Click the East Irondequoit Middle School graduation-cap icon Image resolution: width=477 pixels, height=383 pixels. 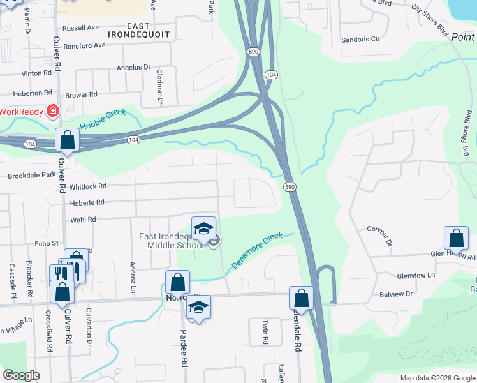point(203,229)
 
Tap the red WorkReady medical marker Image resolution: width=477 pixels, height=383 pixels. point(52,112)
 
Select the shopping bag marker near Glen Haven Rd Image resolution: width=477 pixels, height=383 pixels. point(456,239)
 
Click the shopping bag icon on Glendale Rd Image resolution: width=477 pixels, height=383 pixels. point(301,298)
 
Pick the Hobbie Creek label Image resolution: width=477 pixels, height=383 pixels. point(103,118)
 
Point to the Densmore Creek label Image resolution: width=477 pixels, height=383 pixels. point(257,250)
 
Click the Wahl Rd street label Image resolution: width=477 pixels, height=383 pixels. point(83,220)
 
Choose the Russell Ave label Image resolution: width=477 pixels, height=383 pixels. point(81,28)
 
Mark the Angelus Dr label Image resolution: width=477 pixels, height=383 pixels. point(133,67)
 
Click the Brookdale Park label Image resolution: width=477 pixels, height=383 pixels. point(32,174)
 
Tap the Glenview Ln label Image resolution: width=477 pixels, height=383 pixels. point(416,276)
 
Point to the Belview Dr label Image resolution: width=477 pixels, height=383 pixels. point(415,295)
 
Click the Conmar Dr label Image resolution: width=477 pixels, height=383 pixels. point(379,234)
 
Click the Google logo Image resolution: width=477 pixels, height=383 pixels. point(21,375)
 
